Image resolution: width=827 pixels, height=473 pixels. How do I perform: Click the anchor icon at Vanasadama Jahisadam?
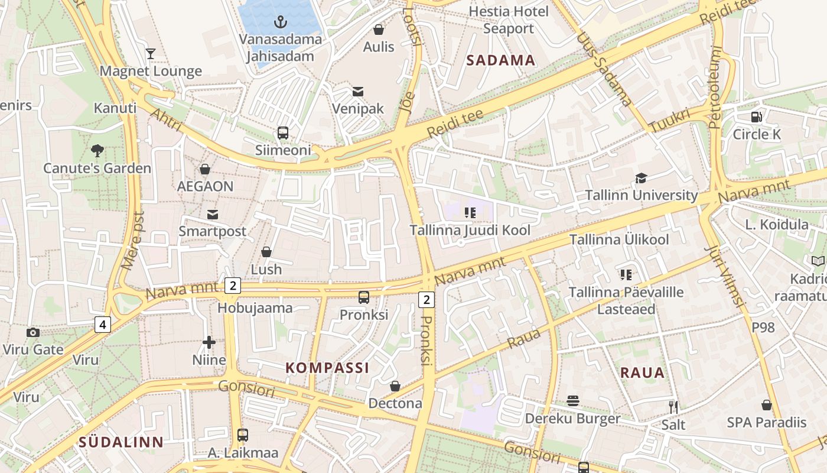click(281, 22)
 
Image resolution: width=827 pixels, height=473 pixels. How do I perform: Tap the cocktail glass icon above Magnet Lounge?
click(151, 54)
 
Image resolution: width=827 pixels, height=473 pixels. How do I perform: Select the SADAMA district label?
click(500, 60)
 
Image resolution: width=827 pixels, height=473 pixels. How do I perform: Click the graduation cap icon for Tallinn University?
click(641, 178)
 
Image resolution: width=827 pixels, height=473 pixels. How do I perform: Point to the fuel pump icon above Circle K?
click(757, 116)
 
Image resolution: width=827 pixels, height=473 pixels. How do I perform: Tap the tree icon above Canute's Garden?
click(97, 151)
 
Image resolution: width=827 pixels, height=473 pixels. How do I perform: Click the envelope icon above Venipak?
click(357, 92)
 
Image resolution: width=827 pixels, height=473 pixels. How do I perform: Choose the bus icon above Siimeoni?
click(283, 133)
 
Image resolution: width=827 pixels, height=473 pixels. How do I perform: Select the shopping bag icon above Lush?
click(266, 252)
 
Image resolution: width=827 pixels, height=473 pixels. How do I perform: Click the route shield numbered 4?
click(103, 325)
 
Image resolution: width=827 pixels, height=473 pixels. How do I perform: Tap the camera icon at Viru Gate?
click(33, 332)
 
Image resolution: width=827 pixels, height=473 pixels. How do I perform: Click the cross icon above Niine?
click(209, 342)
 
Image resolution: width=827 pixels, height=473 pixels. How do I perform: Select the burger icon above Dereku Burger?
click(572, 401)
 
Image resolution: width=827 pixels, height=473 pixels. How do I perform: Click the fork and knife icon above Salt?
click(673, 407)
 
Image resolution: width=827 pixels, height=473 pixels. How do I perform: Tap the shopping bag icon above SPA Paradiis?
click(766, 405)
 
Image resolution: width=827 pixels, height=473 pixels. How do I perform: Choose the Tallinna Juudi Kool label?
click(470, 230)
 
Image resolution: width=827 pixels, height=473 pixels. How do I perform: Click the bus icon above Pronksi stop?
click(364, 297)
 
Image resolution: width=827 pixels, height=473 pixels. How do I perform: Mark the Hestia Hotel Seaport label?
click(509, 20)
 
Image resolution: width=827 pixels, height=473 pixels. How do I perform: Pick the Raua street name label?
click(523, 338)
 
